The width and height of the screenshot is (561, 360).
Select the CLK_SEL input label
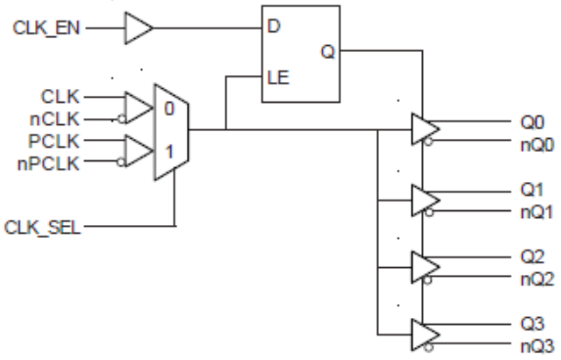tap(45, 227)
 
